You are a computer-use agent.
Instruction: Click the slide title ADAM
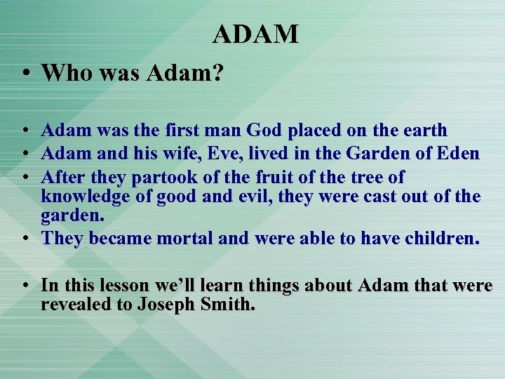(x=255, y=34)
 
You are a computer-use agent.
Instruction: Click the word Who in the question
(x=65, y=73)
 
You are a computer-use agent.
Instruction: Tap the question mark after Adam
(x=217, y=73)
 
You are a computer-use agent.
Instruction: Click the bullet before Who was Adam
(x=25, y=74)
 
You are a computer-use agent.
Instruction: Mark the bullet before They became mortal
(x=25, y=239)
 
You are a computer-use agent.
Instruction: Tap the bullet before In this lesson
(x=25, y=286)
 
